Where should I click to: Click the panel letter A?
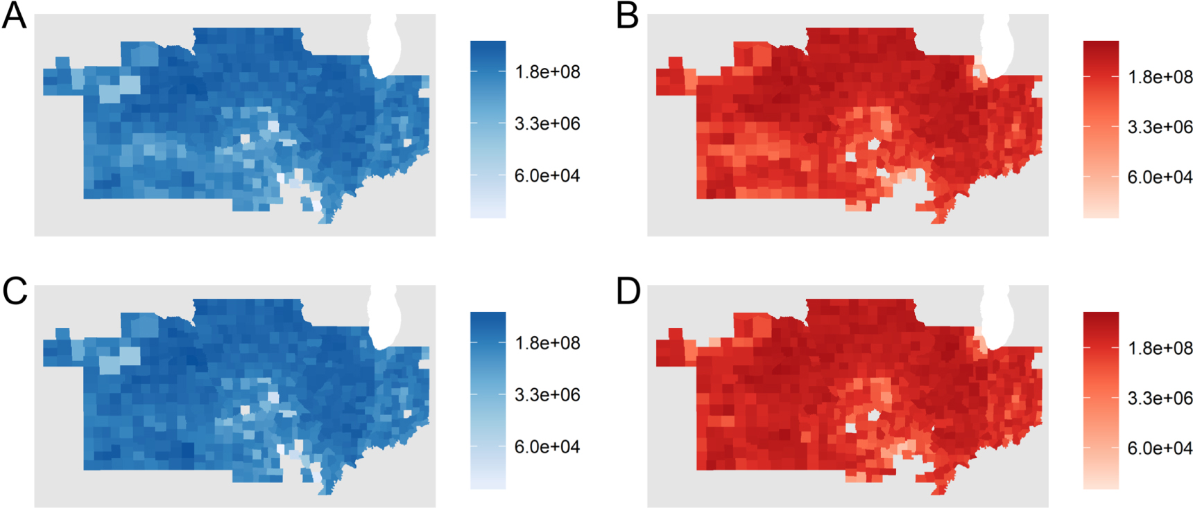click(14, 15)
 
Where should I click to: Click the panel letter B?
click(627, 15)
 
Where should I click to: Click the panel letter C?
click(15, 291)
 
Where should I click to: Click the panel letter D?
click(628, 291)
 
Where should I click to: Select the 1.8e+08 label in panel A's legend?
click(547, 72)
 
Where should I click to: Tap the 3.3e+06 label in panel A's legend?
click(547, 124)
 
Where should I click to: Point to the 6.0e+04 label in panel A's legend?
click(547, 176)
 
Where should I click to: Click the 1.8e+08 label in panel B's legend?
click(1160, 77)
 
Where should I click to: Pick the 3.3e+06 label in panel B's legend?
click(1160, 128)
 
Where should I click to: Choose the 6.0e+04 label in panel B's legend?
click(1160, 177)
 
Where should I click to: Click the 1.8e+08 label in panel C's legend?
click(547, 343)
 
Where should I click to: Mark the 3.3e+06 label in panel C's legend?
click(547, 395)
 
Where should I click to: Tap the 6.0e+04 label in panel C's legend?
click(547, 447)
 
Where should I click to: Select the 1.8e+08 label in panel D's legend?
click(1160, 348)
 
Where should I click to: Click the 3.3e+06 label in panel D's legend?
click(1160, 398)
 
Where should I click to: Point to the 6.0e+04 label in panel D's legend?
click(1160, 448)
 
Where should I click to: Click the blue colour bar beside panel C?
click(488, 401)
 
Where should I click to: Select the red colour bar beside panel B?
click(1101, 130)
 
